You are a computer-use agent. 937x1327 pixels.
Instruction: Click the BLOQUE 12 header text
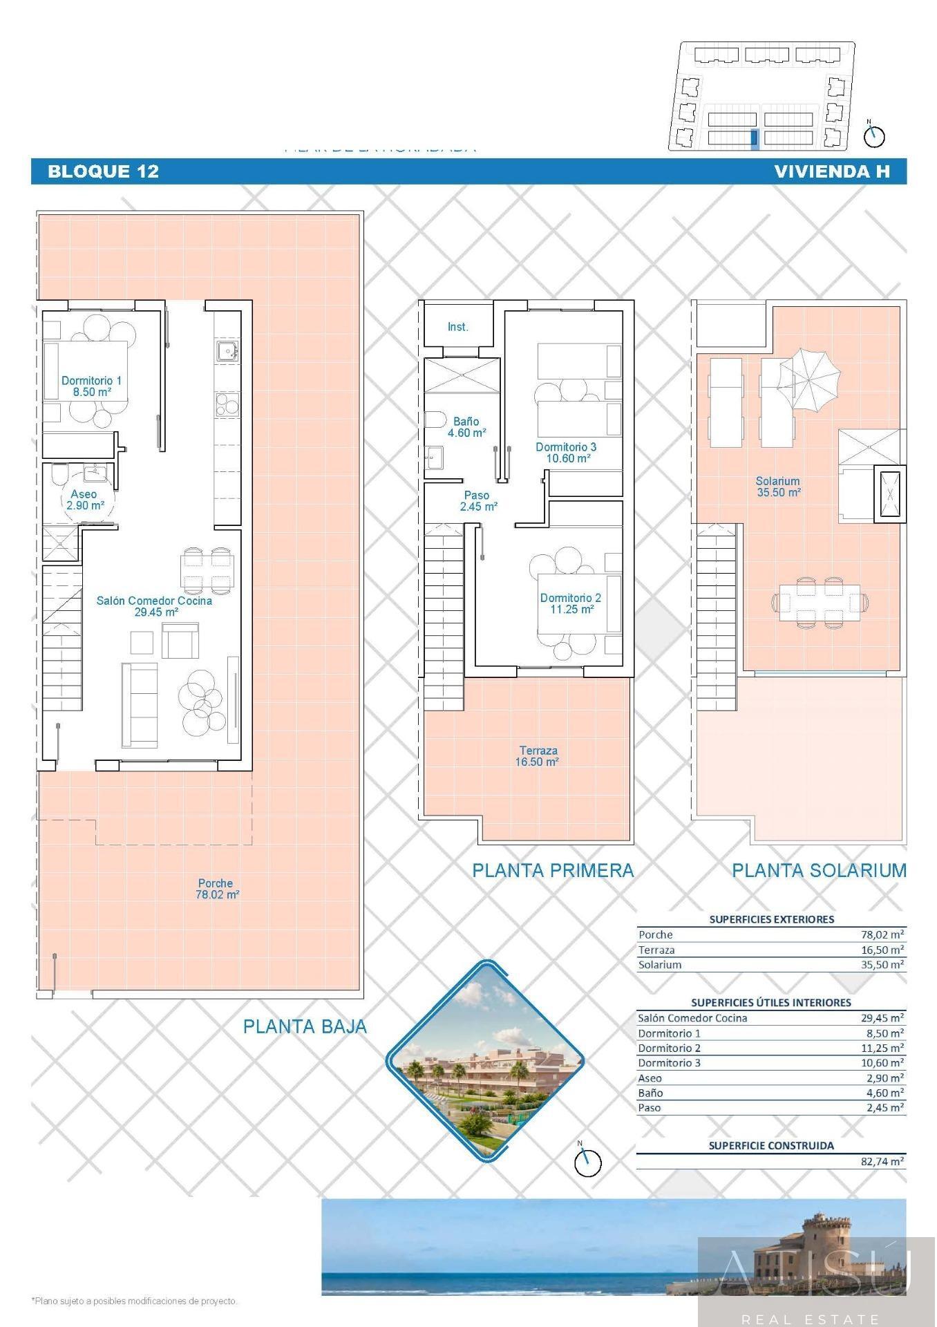103,171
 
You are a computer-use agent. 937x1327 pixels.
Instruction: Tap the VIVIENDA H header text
832,171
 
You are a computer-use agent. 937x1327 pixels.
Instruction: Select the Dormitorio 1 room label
91,386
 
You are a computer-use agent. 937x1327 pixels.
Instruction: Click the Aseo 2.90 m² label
84,499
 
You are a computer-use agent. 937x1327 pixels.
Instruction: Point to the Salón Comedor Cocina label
154,606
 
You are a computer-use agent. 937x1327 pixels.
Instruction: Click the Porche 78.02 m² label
216,888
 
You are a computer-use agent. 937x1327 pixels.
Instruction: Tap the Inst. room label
457,327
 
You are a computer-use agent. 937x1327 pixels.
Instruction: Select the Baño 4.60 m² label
466,426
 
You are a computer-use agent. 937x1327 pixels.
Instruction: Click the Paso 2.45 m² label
477,500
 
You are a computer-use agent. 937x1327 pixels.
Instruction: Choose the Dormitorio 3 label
566,452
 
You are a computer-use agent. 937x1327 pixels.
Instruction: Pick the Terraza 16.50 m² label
538,755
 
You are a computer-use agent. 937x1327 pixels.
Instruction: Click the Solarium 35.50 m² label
777,486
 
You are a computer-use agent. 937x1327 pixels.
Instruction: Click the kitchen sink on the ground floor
227,352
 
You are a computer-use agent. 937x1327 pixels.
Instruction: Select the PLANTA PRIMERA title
553,870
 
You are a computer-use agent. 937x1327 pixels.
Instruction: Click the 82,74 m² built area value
882,1162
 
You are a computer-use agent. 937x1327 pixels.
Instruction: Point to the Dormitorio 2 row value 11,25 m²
882,1048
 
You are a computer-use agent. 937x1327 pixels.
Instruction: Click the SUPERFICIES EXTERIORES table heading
771,919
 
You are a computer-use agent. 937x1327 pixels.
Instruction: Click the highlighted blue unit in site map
754,138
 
